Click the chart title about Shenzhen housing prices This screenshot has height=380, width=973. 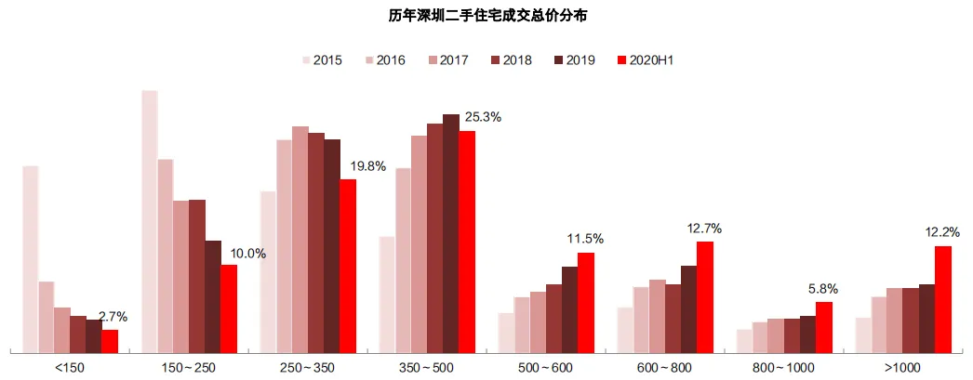[x=486, y=15]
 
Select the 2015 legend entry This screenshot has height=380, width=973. [x=321, y=60]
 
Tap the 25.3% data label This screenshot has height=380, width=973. [x=483, y=117]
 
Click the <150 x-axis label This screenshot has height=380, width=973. [x=70, y=368]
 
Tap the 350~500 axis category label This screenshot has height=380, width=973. [x=427, y=368]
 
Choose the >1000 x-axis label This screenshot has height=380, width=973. [x=902, y=368]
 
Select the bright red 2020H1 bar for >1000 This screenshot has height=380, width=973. [x=942, y=299]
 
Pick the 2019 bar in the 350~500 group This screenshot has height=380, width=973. [x=450, y=233]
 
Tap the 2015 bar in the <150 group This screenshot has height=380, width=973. [x=30, y=259]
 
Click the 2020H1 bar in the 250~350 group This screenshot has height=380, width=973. [x=347, y=266]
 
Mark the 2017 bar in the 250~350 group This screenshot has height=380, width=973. [x=300, y=240]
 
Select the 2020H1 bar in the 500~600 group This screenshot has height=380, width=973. [x=585, y=302]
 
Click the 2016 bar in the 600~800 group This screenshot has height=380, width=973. [x=641, y=320]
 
